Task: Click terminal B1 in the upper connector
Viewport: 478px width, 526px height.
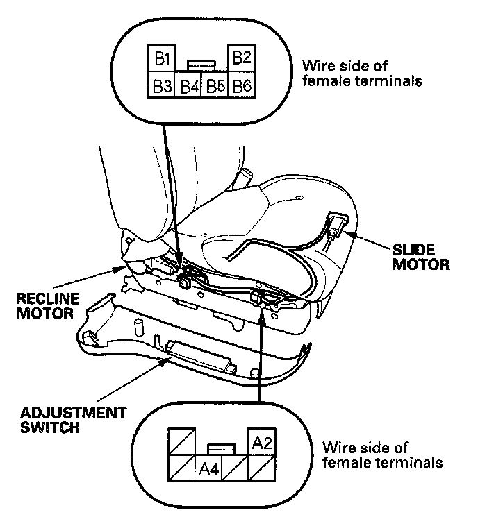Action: click(164, 58)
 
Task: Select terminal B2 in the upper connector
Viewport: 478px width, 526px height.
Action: click(241, 58)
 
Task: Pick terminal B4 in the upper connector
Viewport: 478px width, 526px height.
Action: click(189, 87)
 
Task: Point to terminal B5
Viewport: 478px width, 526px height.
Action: click(215, 87)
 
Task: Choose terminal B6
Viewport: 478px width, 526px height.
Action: click(241, 86)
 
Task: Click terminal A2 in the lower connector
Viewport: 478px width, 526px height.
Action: click(261, 441)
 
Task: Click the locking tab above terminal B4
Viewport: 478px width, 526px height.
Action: click(202, 64)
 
